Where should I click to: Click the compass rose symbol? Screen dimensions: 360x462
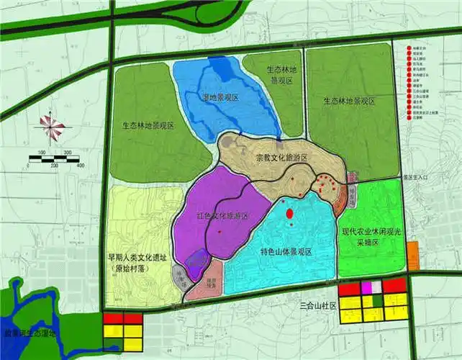tap(52, 127)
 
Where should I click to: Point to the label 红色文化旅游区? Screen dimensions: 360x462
tap(222, 216)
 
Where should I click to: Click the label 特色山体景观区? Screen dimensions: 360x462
tap(286, 252)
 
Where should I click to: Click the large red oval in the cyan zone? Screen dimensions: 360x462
tap(289, 214)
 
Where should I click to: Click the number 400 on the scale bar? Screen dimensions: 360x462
tap(80, 166)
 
